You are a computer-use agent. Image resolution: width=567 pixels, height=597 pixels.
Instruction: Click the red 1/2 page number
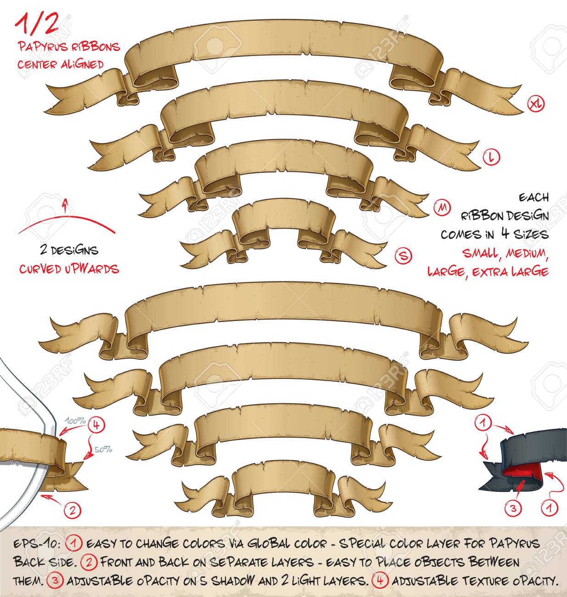point(37,24)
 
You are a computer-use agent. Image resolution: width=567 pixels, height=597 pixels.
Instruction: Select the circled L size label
point(491,157)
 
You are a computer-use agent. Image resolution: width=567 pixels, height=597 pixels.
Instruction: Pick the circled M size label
point(442,208)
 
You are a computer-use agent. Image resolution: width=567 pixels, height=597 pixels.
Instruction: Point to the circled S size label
point(403,256)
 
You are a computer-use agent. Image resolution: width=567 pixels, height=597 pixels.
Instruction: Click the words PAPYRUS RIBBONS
point(69,47)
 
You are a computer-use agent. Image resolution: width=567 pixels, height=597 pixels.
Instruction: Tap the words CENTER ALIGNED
point(61,64)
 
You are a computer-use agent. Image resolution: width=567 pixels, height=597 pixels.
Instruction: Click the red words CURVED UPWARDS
point(69,269)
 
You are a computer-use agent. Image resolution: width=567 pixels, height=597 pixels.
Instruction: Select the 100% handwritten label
point(75,421)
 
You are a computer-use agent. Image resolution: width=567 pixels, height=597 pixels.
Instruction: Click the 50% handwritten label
point(103,449)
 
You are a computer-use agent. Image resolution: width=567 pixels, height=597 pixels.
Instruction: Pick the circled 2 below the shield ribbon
point(72,510)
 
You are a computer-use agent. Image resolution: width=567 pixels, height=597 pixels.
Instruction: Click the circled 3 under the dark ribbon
point(513,508)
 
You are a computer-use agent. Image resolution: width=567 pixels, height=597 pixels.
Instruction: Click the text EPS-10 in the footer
point(36,544)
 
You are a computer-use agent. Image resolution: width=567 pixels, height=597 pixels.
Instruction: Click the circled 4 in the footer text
point(380,580)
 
